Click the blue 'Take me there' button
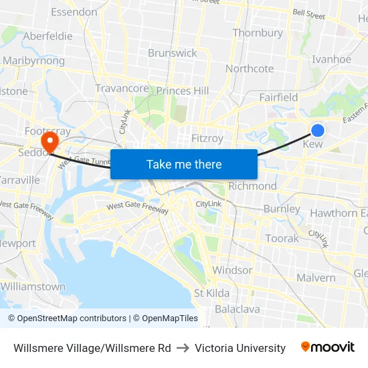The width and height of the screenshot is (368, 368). point(184,164)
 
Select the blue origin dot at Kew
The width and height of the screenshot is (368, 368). point(318,130)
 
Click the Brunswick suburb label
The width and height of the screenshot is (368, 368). point(173,53)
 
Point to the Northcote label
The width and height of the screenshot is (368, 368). point(250,68)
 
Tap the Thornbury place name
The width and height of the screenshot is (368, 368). point(258,33)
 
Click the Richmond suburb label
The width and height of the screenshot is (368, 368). point(252,186)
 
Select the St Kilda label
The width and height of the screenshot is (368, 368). point(211,293)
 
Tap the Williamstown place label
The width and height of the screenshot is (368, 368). point(33,286)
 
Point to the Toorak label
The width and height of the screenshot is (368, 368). point(282,238)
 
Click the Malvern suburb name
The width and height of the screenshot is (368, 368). point(316,278)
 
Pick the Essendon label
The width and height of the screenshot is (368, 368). point(74,12)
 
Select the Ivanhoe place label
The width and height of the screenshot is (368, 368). point(331,59)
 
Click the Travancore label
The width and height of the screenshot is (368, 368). point(122,88)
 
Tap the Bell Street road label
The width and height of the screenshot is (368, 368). point(308,14)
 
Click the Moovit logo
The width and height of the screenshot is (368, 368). point(328,347)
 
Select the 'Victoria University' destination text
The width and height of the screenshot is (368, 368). point(240,348)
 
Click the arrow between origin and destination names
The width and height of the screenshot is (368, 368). point(183,348)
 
